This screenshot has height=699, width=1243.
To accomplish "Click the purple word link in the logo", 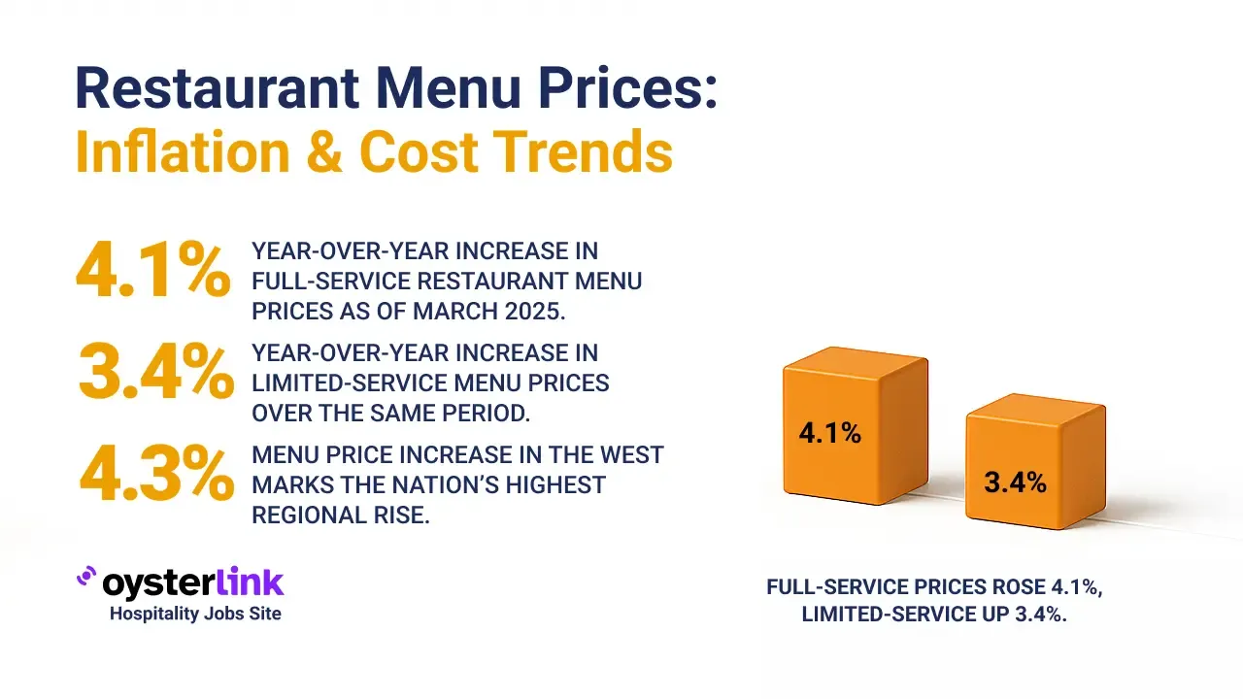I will pos(245,582).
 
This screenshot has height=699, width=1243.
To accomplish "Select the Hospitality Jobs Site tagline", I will pos(195,614).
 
